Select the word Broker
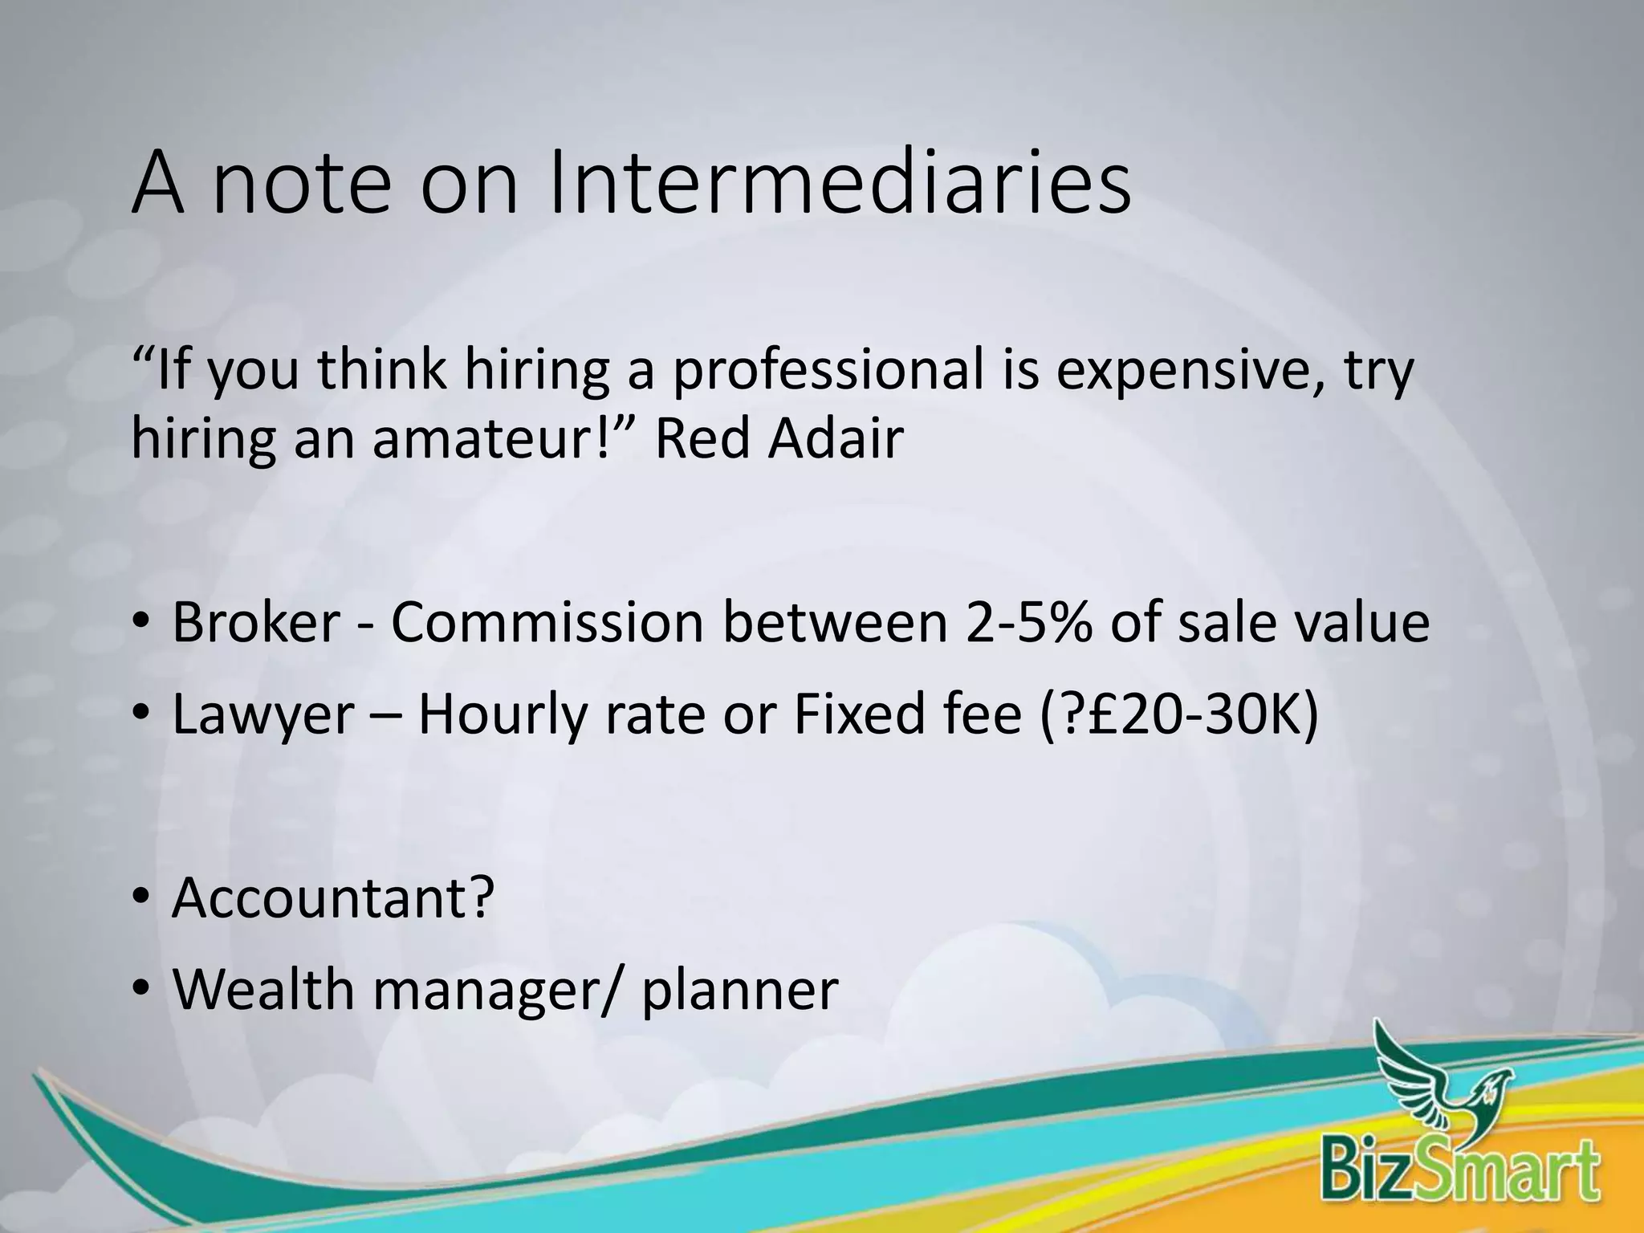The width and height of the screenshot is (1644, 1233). pos(256,622)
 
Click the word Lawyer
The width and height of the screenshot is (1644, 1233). pos(262,714)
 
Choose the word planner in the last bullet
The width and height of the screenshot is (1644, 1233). pos(739,991)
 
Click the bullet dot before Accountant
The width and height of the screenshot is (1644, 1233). pos(141,899)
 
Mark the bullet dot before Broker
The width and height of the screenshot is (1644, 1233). pos(141,624)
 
